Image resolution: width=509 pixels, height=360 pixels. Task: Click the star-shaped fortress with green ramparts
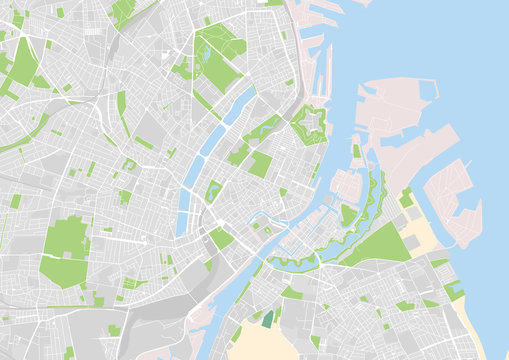tap(308, 126)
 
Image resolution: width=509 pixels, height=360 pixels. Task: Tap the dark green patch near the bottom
tap(267, 318)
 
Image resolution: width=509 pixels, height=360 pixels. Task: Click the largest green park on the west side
tap(66, 250)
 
